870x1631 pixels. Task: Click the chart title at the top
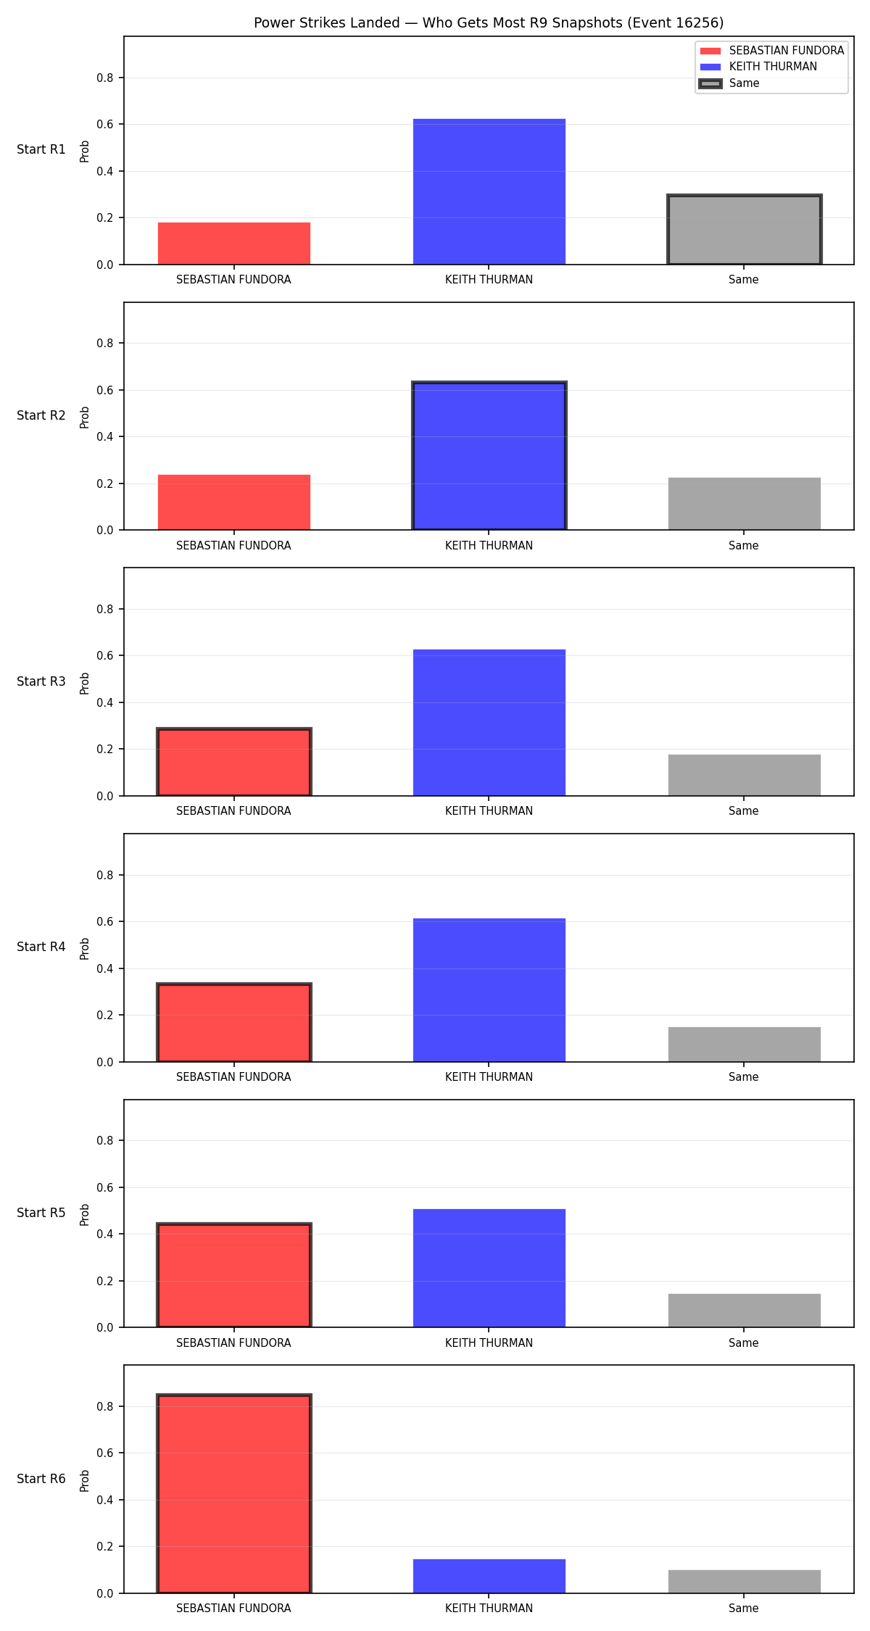(489, 22)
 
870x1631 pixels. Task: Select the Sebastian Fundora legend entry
(772, 51)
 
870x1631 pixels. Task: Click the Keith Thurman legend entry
(758, 67)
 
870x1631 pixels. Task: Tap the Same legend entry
(729, 83)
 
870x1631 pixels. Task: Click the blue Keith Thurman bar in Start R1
(489, 191)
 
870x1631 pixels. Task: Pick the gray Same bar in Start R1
(745, 230)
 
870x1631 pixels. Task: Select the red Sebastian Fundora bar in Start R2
(234, 502)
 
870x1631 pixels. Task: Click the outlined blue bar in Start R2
(489, 456)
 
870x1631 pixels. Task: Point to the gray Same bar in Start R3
(745, 775)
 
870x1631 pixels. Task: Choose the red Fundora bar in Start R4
(234, 1023)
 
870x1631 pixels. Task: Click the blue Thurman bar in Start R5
(489, 1268)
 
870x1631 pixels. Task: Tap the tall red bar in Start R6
(234, 1493)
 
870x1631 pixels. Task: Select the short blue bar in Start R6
(489, 1576)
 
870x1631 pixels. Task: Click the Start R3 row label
(41, 681)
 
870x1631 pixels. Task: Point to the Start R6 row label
(41, 1479)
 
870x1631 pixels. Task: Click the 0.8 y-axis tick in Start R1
(106, 78)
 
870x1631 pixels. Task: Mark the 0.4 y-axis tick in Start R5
(106, 1234)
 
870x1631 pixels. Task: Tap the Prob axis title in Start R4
(85, 948)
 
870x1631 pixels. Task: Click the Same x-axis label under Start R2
(744, 545)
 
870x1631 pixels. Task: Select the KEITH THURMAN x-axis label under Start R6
(489, 1608)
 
